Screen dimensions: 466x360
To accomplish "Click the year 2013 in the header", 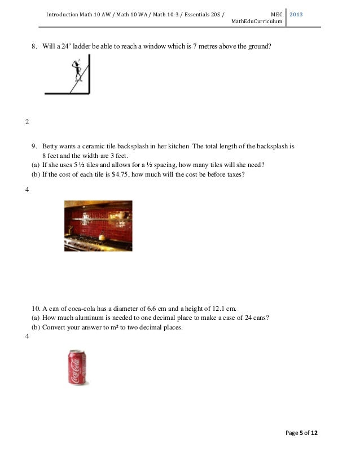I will pyautogui.click(x=297, y=13).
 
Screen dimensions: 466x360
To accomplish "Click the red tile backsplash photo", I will pyautogui.click(x=98, y=226).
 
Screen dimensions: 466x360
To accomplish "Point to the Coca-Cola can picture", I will pyautogui.click(x=78, y=367).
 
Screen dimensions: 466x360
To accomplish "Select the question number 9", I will pyautogui.click(x=33, y=147).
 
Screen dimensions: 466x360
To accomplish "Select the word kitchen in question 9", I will pyautogui.click(x=178, y=147).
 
